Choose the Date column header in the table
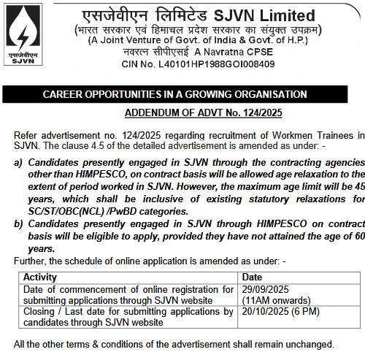(252, 277)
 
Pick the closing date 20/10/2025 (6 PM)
(283, 311)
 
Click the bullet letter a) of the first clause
(19, 162)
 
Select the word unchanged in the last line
(309, 344)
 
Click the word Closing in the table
(39, 311)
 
